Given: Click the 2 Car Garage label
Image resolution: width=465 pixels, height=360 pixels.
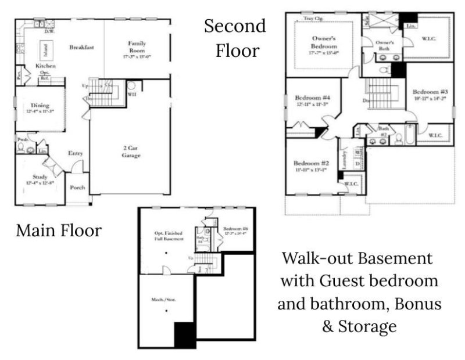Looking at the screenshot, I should pos(131,152).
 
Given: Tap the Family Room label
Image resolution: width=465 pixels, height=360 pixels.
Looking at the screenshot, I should pos(137,46).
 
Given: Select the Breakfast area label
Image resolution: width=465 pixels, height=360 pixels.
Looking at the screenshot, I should pos(81,48).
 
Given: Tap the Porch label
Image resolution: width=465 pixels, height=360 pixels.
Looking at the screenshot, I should pos(78,188).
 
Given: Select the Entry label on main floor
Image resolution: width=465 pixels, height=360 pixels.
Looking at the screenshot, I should pos(75,153).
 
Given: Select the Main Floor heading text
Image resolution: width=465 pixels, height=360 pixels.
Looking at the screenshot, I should pos(58,231).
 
